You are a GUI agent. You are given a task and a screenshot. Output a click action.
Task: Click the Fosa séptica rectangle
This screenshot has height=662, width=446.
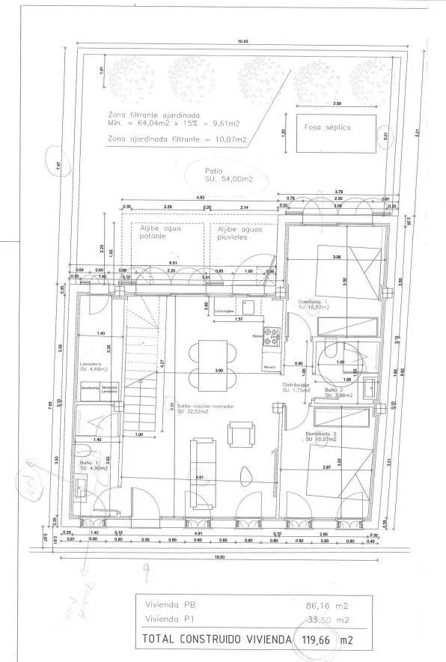click(x=334, y=133)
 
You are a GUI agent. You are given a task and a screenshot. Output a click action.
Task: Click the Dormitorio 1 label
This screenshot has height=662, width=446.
click(x=308, y=304)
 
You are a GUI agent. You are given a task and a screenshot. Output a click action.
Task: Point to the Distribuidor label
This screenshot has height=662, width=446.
click(x=296, y=389)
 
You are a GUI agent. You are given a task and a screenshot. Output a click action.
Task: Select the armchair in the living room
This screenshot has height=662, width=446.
click(x=239, y=434)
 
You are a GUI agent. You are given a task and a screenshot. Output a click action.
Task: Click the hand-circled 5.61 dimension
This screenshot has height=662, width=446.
click(x=386, y=136)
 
